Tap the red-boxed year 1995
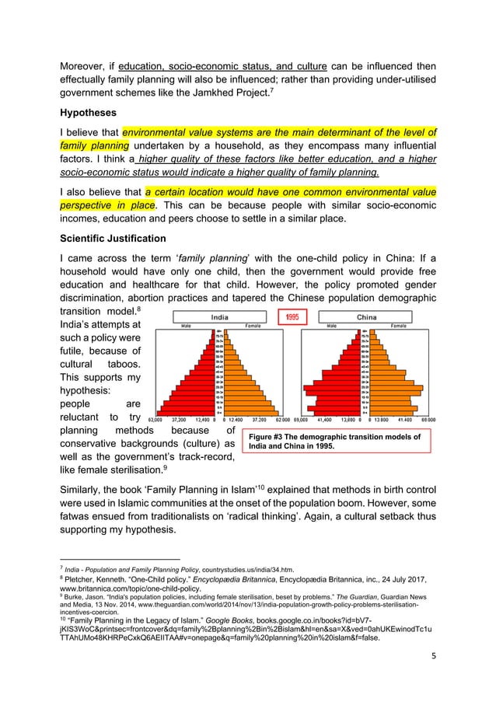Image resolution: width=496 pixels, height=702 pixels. pos(292,317)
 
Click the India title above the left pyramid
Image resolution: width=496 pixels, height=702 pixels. pos(219,317)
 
